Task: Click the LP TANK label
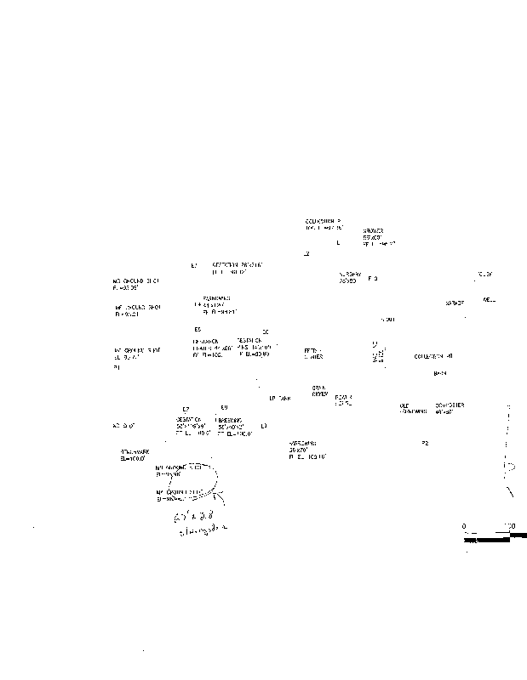click(x=280, y=398)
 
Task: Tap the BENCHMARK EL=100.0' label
click(x=135, y=456)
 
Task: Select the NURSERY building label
click(x=349, y=277)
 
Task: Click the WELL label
click(x=489, y=299)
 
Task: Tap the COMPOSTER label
click(x=450, y=408)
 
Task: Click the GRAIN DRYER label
click(x=319, y=391)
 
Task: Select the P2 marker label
click(x=425, y=443)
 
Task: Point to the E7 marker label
click(x=186, y=408)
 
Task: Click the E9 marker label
click(x=224, y=407)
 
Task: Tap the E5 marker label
click(x=197, y=329)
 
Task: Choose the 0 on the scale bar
click(x=464, y=526)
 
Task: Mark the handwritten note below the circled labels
click(x=201, y=522)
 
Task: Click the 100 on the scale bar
click(x=510, y=526)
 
